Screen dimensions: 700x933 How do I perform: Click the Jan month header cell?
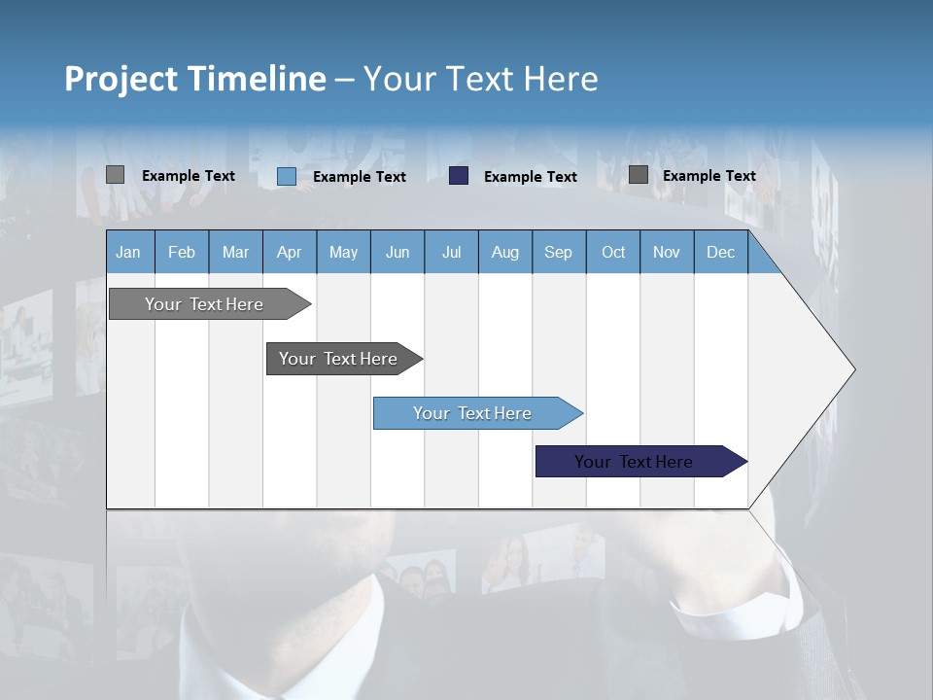(129, 252)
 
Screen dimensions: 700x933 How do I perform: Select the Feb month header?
(182, 252)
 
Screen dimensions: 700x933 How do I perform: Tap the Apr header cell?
(290, 252)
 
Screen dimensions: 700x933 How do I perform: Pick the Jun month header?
(397, 252)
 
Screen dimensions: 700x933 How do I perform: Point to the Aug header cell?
(505, 252)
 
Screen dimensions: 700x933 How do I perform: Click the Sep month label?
(559, 252)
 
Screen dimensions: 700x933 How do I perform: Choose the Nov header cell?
(667, 252)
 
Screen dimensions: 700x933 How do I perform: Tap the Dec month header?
(721, 252)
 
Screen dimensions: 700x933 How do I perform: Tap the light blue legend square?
(286, 176)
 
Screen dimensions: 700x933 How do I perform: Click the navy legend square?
(459, 175)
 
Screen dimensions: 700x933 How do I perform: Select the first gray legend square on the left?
(115, 175)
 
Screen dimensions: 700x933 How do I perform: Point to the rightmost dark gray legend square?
(638, 175)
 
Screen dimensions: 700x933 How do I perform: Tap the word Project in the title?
(122, 79)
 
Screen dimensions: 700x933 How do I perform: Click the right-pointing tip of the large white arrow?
(850, 368)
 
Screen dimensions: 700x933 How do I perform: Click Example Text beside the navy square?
(531, 176)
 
